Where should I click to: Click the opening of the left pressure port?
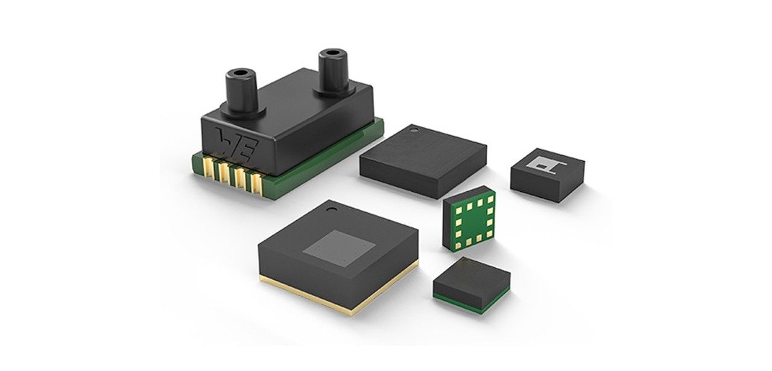pyautogui.click(x=240, y=74)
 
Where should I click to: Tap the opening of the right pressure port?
pyautogui.click(x=332, y=54)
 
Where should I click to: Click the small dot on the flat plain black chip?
pyautogui.click(x=414, y=130)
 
